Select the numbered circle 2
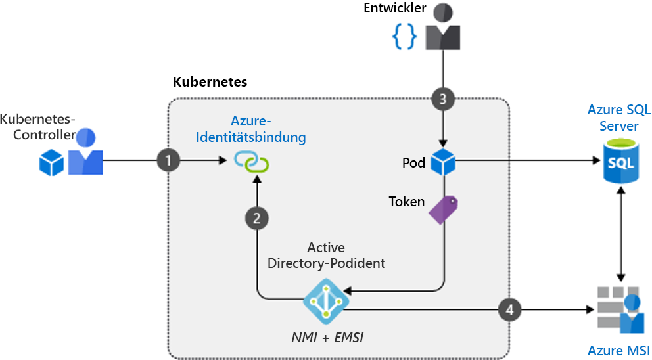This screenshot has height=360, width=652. (257, 218)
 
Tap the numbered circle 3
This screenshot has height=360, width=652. (443, 99)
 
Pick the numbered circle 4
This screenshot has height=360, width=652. (510, 308)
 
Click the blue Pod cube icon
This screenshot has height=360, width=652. (444, 162)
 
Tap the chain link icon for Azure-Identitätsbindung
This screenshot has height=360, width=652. (254, 161)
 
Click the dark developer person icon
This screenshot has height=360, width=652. (443, 28)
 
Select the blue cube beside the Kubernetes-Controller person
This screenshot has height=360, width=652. (51, 162)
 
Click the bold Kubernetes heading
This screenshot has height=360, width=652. (210, 82)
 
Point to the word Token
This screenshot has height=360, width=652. (407, 202)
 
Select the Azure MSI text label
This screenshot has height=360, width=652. (618, 349)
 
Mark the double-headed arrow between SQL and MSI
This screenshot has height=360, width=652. (620, 233)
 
